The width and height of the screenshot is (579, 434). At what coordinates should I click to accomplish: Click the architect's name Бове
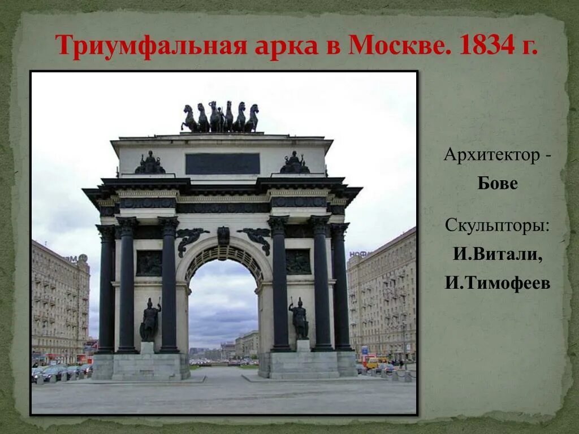[497, 184]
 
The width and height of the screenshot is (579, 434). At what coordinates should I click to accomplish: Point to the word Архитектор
[492, 154]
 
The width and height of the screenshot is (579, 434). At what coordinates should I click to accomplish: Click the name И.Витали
[497, 254]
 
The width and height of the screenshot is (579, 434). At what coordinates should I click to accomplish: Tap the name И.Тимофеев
[497, 283]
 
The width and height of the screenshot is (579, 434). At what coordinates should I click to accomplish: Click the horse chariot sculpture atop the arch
[220, 118]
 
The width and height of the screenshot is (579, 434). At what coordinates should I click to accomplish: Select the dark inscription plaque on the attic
[222, 164]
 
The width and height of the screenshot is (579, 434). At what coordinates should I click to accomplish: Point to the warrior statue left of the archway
[150, 320]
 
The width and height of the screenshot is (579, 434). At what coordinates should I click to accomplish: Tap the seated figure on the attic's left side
[150, 163]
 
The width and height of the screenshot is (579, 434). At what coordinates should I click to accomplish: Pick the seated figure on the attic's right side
[295, 163]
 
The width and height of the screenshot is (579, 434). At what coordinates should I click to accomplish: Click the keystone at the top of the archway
[223, 235]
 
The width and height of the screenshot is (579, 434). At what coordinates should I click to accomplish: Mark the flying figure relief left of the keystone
[190, 238]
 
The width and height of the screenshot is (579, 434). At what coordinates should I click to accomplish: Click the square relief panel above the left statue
[149, 263]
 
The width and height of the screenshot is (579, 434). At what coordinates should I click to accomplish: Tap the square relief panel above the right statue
[298, 262]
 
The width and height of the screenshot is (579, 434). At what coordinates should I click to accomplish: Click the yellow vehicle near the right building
[371, 363]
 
